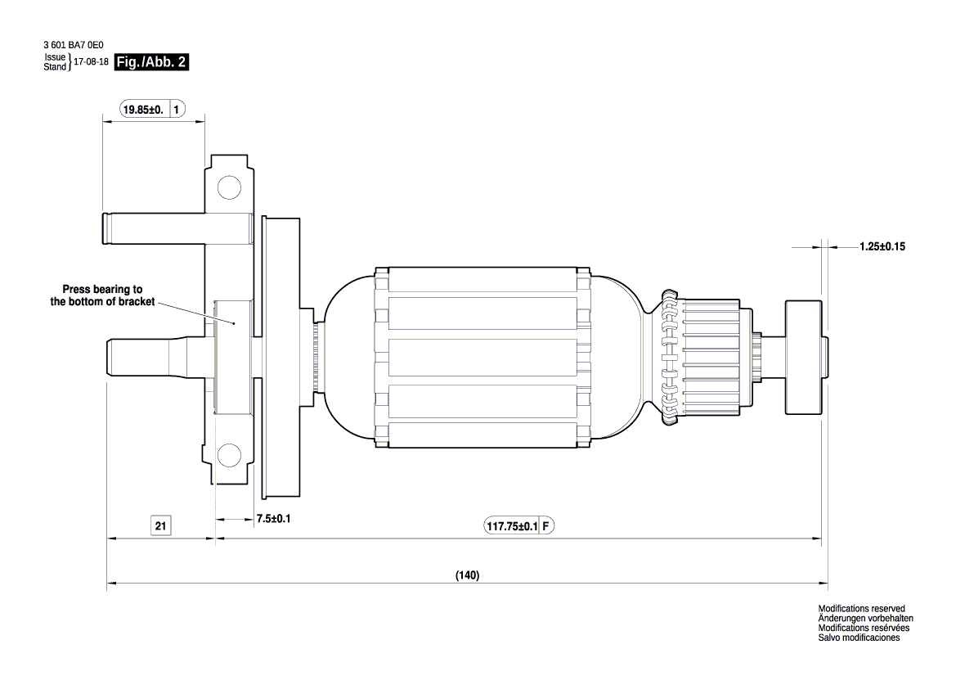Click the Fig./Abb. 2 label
[x=153, y=61]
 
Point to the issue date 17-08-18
[x=92, y=61]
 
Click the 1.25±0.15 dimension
[x=886, y=246]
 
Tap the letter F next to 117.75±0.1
[x=546, y=526]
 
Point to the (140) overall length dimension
[x=467, y=575]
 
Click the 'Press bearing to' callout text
[x=103, y=290]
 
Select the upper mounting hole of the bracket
[x=228, y=189]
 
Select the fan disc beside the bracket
[x=280, y=357]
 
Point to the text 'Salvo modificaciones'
[x=859, y=638]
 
